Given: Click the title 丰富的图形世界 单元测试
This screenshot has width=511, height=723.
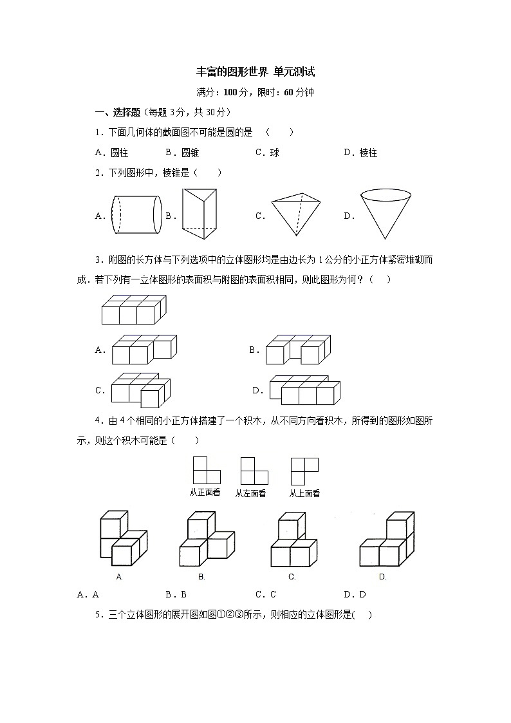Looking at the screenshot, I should click(x=256, y=72).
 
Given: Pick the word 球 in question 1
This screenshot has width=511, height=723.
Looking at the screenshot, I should click(x=275, y=153).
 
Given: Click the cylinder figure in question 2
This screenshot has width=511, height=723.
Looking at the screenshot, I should click(x=136, y=215).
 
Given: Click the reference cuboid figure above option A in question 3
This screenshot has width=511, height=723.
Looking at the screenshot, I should click(x=133, y=310).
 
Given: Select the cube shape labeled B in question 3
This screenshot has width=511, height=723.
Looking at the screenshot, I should click(x=297, y=350).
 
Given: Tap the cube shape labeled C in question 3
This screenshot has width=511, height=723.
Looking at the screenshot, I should click(x=141, y=390).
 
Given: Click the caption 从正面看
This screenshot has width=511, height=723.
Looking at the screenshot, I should click(x=205, y=493).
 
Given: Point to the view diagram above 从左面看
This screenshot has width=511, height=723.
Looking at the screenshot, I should click(x=254, y=471).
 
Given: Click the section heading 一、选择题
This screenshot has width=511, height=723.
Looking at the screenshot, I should click(x=117, y=112).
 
